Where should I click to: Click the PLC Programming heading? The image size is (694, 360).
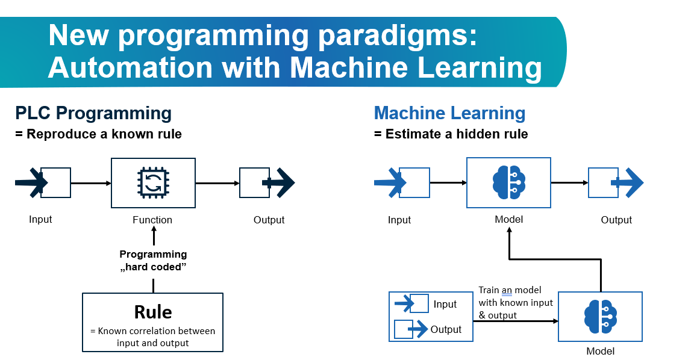coord(93,113)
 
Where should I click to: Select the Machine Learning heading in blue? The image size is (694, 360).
coord(449,113)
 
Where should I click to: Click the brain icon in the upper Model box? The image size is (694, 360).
coord(508,182)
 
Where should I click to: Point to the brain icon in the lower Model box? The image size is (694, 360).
coord(600,317)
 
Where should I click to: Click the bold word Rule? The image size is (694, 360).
coord(152,312)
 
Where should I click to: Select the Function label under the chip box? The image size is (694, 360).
coord(152,220)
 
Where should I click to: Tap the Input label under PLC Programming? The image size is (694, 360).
coord(40,219)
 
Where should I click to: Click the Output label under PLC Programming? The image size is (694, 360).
coord(269,220)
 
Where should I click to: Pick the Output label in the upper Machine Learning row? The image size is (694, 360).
coord(616,220)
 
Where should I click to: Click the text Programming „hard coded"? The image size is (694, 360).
coord(153,261)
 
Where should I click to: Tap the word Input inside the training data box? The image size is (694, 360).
coord(445,305)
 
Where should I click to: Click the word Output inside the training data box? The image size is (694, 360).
coord(446,330)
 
